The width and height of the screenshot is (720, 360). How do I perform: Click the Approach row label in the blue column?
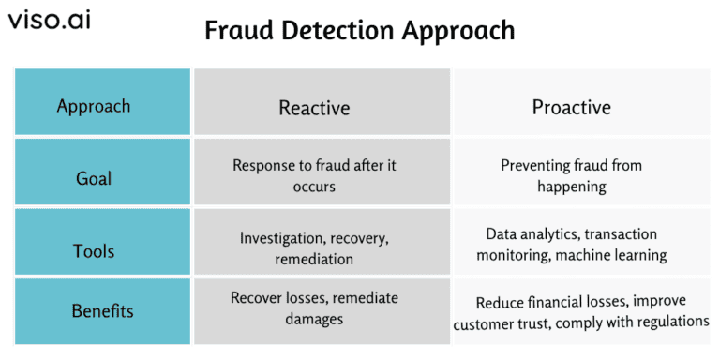tap(94, 105)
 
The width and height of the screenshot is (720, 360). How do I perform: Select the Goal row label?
tap(94, 177)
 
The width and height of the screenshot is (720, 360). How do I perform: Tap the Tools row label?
tap(94, 250)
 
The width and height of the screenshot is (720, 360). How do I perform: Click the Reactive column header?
tap(314, 108)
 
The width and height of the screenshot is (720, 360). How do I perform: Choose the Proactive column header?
tap(572, 107)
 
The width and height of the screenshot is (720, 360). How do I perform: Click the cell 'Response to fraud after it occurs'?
tap(314, 175)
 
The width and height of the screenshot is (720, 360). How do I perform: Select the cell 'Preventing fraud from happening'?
tap(572, 175)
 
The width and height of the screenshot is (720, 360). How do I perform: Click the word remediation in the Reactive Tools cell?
tap(314, 259)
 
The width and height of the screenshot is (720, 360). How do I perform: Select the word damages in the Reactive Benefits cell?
tap(314, 319)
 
